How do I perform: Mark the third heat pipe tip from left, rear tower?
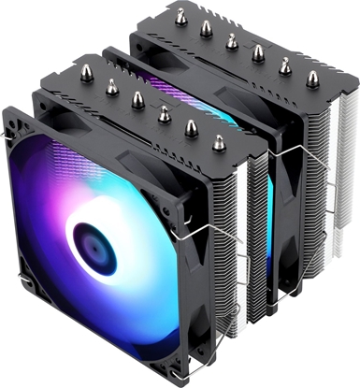point(232,40)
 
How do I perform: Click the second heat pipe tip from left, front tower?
point(112,86)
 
